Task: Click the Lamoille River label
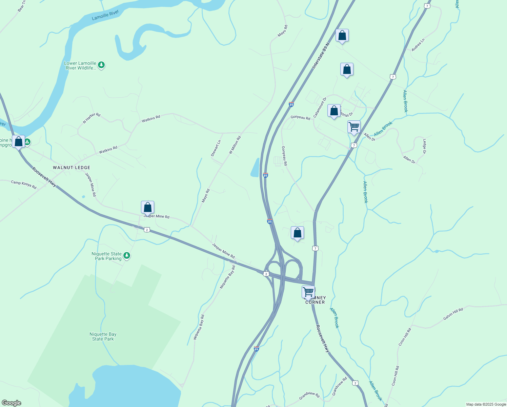(105, 15)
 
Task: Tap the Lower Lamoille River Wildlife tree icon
(101, 65)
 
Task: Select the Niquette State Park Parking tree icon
(127, 255)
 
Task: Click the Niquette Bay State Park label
(103, 336)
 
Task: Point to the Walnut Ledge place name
(72, 168)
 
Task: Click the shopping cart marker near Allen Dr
(354, 127)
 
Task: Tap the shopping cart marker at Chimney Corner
(308, 292)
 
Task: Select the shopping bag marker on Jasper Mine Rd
(147, 207)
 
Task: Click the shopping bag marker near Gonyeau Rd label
(334, 111)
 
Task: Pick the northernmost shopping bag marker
(342, 35)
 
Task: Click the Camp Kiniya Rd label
(24, 185)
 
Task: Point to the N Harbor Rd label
(92, 118)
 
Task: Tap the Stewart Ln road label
(216, 148)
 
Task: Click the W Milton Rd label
(235, 145)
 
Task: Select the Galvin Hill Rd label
(453, 314)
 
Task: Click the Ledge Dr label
(424, 146)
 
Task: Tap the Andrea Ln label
(418, 45)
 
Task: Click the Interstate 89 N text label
(321, 56)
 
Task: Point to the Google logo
(12, 403)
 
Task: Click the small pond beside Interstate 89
(255, 168)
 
